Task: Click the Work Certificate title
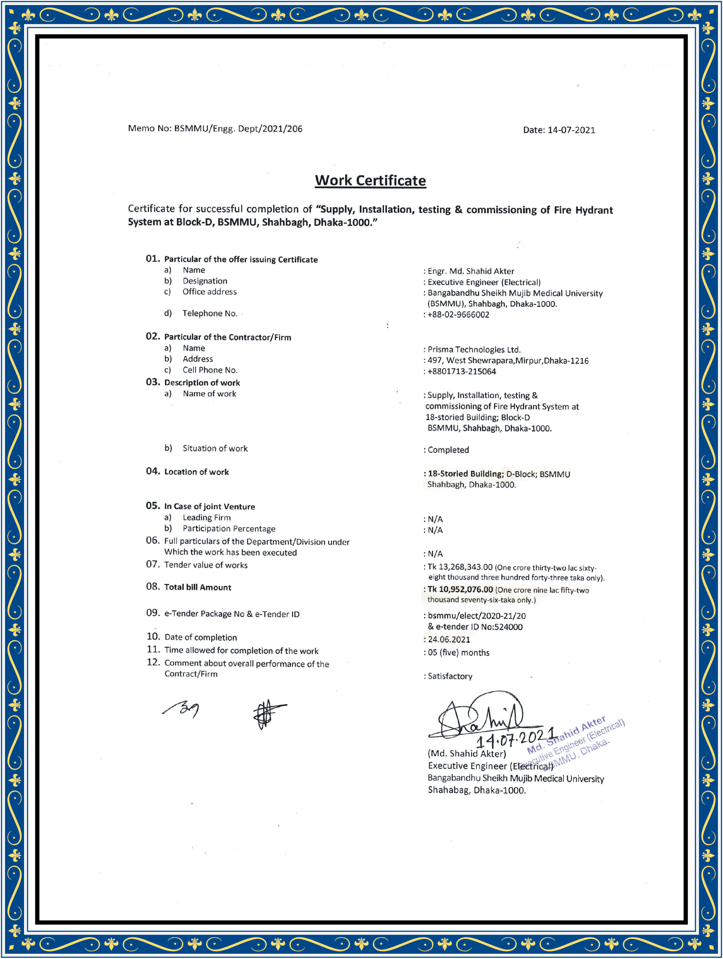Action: point(370,180)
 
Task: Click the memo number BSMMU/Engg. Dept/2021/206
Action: point(238,129)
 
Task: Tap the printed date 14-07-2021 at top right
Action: point(571,130)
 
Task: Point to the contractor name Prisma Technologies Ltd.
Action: point(474,350)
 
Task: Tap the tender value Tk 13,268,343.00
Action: point(460,567)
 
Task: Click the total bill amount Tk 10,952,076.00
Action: point(460,590)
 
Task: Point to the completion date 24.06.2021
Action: point(449,639)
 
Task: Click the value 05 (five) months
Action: point(458,653)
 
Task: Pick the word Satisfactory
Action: point(450,676)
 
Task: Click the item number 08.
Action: point(153,587)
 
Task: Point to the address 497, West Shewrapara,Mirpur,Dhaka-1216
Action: point(508,361)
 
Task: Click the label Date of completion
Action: point(201,637)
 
